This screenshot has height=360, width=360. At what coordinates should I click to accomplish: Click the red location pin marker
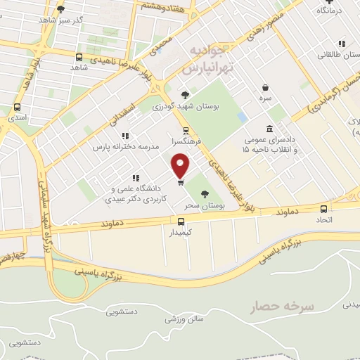[x=181, y=167]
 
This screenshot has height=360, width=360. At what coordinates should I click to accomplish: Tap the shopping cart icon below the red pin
[x=181, y=183]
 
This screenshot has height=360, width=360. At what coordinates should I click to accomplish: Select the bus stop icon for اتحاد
[x=323, y=209]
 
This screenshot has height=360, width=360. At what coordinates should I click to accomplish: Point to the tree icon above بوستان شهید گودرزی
[x=185, y=95]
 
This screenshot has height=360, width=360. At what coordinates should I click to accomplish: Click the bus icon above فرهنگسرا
[x=186, y=131]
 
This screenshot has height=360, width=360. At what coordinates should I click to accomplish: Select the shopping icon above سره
[x=266, y=87]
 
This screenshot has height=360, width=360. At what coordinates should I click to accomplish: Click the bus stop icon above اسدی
[x=17, y=108]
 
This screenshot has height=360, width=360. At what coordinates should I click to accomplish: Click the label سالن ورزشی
[x=184, y=319]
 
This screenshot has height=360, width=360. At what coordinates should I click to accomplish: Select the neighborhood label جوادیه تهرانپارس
[x=207, y=61]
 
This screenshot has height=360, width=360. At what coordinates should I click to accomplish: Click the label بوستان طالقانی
[x=336, y=54]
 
